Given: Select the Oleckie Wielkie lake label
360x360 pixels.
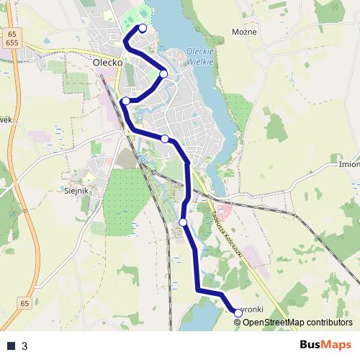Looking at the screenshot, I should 199,55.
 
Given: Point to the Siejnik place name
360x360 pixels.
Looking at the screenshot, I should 76,191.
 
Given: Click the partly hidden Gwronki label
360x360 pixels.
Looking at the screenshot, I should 253,309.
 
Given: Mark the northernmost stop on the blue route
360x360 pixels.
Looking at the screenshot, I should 143,28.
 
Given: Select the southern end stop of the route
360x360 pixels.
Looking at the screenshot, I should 238,312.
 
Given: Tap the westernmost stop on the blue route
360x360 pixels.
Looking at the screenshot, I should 126,101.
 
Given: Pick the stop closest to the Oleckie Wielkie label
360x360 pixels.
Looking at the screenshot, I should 163,73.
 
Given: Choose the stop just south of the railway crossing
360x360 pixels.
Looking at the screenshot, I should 184,222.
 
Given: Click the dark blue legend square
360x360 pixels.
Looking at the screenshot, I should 11,346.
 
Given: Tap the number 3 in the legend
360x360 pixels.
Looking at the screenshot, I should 24,346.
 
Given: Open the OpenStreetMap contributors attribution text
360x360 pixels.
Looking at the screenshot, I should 297,323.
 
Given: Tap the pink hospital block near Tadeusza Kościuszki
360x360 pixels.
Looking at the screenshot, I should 222,210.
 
